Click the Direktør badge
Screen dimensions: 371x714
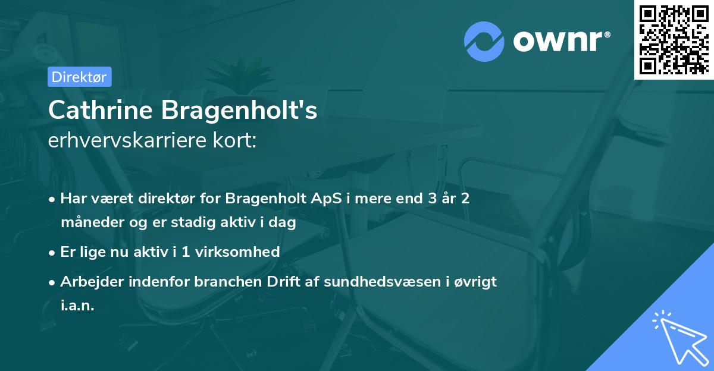79,77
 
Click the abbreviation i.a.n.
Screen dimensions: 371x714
77,306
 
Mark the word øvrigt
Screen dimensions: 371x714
476,281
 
